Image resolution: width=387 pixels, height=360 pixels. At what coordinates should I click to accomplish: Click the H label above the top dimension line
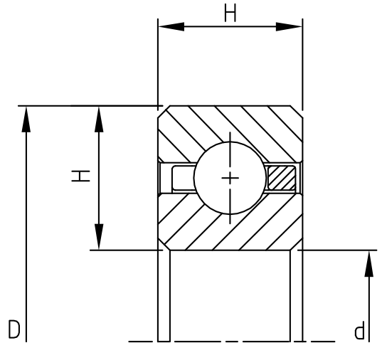[x=230, y=13]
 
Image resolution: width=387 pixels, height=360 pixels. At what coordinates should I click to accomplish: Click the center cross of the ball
[x=230, y=177]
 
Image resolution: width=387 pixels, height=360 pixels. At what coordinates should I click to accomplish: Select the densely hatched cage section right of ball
[x=282, y=177]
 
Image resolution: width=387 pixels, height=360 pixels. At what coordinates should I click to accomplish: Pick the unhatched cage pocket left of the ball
[x=176, y=177]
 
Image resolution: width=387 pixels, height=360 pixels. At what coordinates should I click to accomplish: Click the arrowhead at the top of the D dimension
[x=26, y=119]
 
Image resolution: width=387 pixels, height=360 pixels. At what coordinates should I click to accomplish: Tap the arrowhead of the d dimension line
[x=369, y=263]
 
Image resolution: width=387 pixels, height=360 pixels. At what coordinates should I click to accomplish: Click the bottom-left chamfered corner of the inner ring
[x=162, y=245]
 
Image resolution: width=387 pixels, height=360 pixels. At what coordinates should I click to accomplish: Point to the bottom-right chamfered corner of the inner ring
[x=297, y=245]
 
